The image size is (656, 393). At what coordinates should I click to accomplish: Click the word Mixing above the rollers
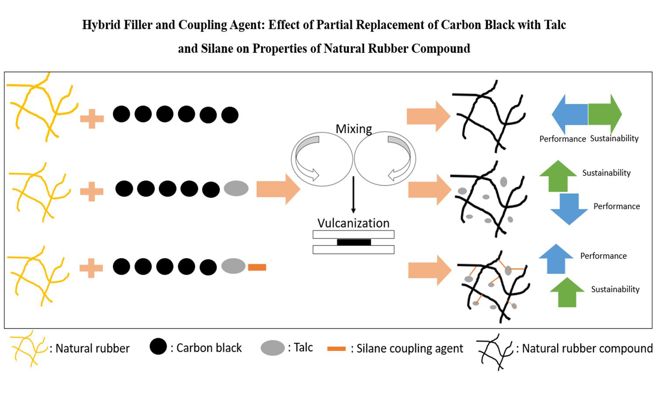tap(353, 129)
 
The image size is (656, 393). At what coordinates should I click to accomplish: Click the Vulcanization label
tap(353, 223)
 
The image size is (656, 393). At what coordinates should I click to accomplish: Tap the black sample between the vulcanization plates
tap(354, 242)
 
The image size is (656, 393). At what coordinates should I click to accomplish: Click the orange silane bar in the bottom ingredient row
tap(257, 267)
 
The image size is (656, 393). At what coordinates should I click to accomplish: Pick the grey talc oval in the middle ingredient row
tap(236, 189)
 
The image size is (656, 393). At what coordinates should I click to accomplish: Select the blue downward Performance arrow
tap(569, 209)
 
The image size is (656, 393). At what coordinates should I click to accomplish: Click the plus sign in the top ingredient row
tap(92, 118)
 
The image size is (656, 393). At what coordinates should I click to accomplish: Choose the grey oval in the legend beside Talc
tap(272, 348)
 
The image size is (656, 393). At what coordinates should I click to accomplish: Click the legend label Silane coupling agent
tap(409, 348)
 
